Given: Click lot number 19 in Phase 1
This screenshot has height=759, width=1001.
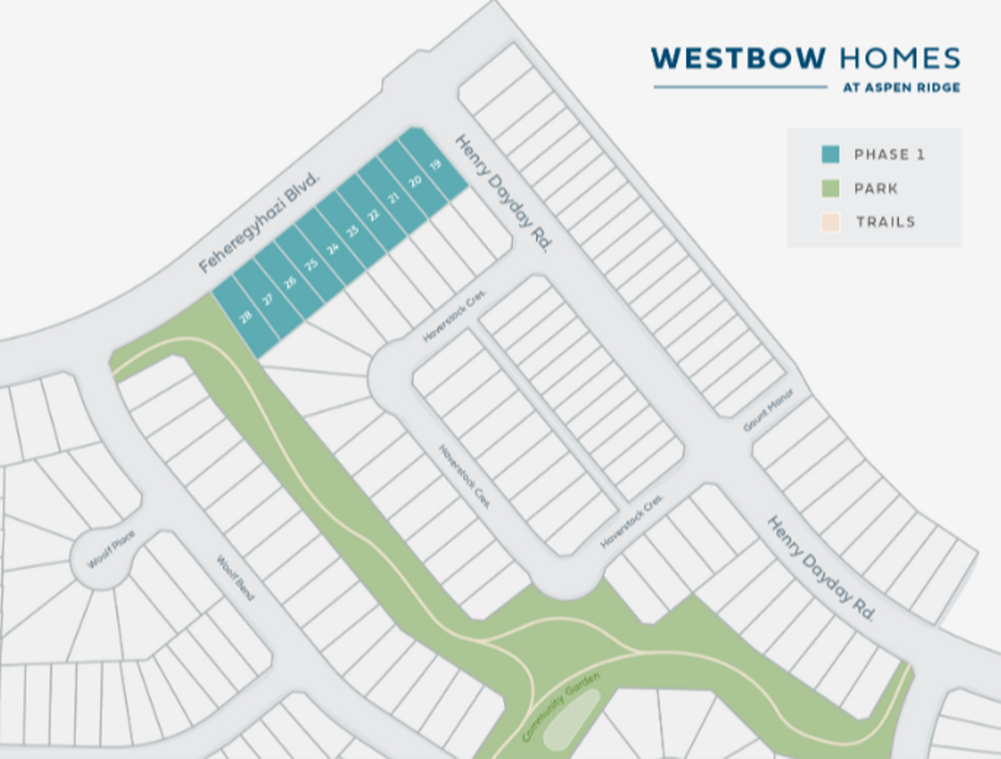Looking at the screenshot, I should pyautogui.click(x=435, y=165).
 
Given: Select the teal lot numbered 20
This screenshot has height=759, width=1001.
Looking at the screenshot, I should pyautogui.click(x=415, y=181).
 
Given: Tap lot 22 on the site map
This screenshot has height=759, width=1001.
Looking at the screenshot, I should pyautogui.click(x=373, y=215).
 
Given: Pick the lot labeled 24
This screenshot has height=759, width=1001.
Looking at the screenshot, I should pyautogui.click(x=332, y=248).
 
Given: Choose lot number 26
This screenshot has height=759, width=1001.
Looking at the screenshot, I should pyautogui.click(x=290, y=283).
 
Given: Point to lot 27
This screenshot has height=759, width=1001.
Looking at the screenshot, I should pyautogui.click(x=268, y=300).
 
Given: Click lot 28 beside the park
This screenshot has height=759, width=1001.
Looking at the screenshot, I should pyautogui.click(x=245, y=318).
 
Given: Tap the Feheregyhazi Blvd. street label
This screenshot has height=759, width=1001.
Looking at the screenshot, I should pyautogui.click(x=259, y=221).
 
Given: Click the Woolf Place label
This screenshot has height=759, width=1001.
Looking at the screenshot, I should pyautogui.click(x=110, y=550).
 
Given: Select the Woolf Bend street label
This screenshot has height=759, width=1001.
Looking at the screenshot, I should pyautogui.click(x=235, y=578).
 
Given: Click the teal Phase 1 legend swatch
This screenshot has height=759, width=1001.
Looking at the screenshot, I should pyautogui.click(x=830, y=155).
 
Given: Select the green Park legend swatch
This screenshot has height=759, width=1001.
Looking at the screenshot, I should pyautogui.click(x=830, y=188).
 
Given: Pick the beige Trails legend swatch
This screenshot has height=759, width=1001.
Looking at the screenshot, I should pyautogui.click(x=830, y=222).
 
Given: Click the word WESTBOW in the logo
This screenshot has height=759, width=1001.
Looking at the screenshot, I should pyautogui.click(x=737, y=58).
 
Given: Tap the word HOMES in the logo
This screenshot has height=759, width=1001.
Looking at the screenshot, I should pyautogui.click(x=899, y=58).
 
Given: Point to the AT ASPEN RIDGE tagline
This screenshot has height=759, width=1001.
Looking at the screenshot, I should pyautogui.click(x=901, y=88).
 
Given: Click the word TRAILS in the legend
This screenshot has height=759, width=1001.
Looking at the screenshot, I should pyautogui.click(x=885, y=222).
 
